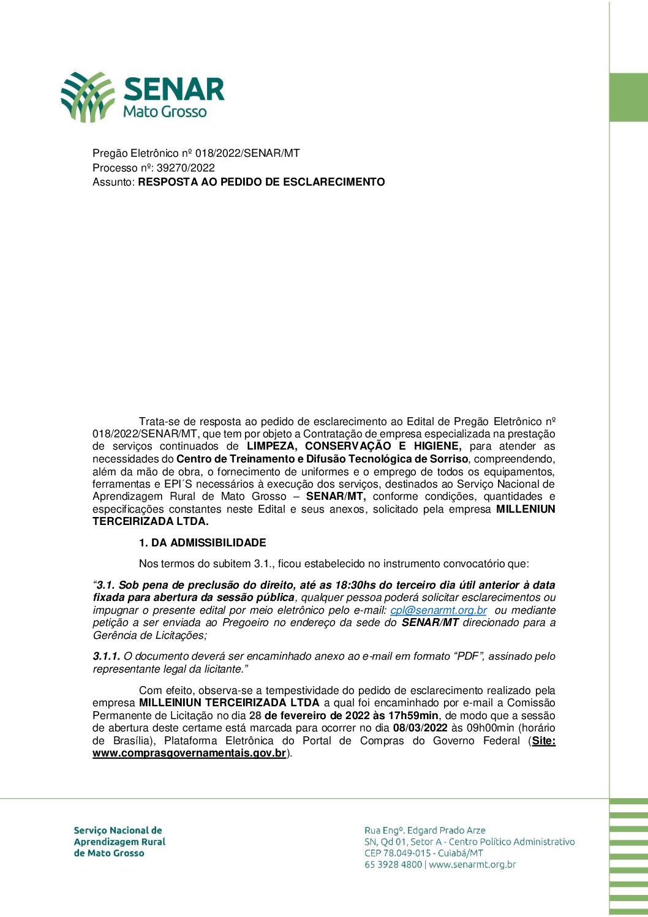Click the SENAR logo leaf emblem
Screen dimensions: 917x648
point(87,96)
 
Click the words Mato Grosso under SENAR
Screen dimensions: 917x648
point(165,112)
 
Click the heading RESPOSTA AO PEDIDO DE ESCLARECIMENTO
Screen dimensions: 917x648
point(262,182)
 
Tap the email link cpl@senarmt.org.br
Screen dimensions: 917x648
point(439,610)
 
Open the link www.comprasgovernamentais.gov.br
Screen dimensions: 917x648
point(189,753)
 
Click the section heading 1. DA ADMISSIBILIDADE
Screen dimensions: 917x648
point(203,543)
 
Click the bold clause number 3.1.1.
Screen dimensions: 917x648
point(107,657)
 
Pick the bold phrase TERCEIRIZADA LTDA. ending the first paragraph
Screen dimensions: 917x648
point(151,522)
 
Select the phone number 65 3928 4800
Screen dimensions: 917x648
point(393,865)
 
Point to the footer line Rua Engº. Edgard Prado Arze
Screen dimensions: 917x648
point(425,831)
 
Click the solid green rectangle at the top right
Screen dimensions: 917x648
point(628,97)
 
